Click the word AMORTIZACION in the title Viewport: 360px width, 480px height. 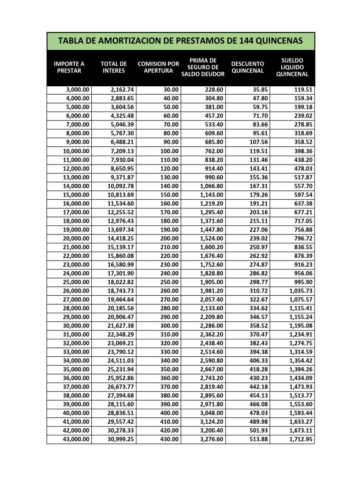(129, 42)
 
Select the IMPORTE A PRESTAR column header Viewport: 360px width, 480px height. (69, 67)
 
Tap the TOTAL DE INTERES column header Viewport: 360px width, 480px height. (114, 67)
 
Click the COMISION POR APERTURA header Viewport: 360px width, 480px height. (158, 67)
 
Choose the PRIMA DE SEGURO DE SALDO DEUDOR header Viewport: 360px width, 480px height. (203, 67)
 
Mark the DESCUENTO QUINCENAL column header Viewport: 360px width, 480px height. (248, 67)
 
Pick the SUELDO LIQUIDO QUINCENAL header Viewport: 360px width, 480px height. (292, 67)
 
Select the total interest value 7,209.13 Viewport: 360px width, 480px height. (121, 151)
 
